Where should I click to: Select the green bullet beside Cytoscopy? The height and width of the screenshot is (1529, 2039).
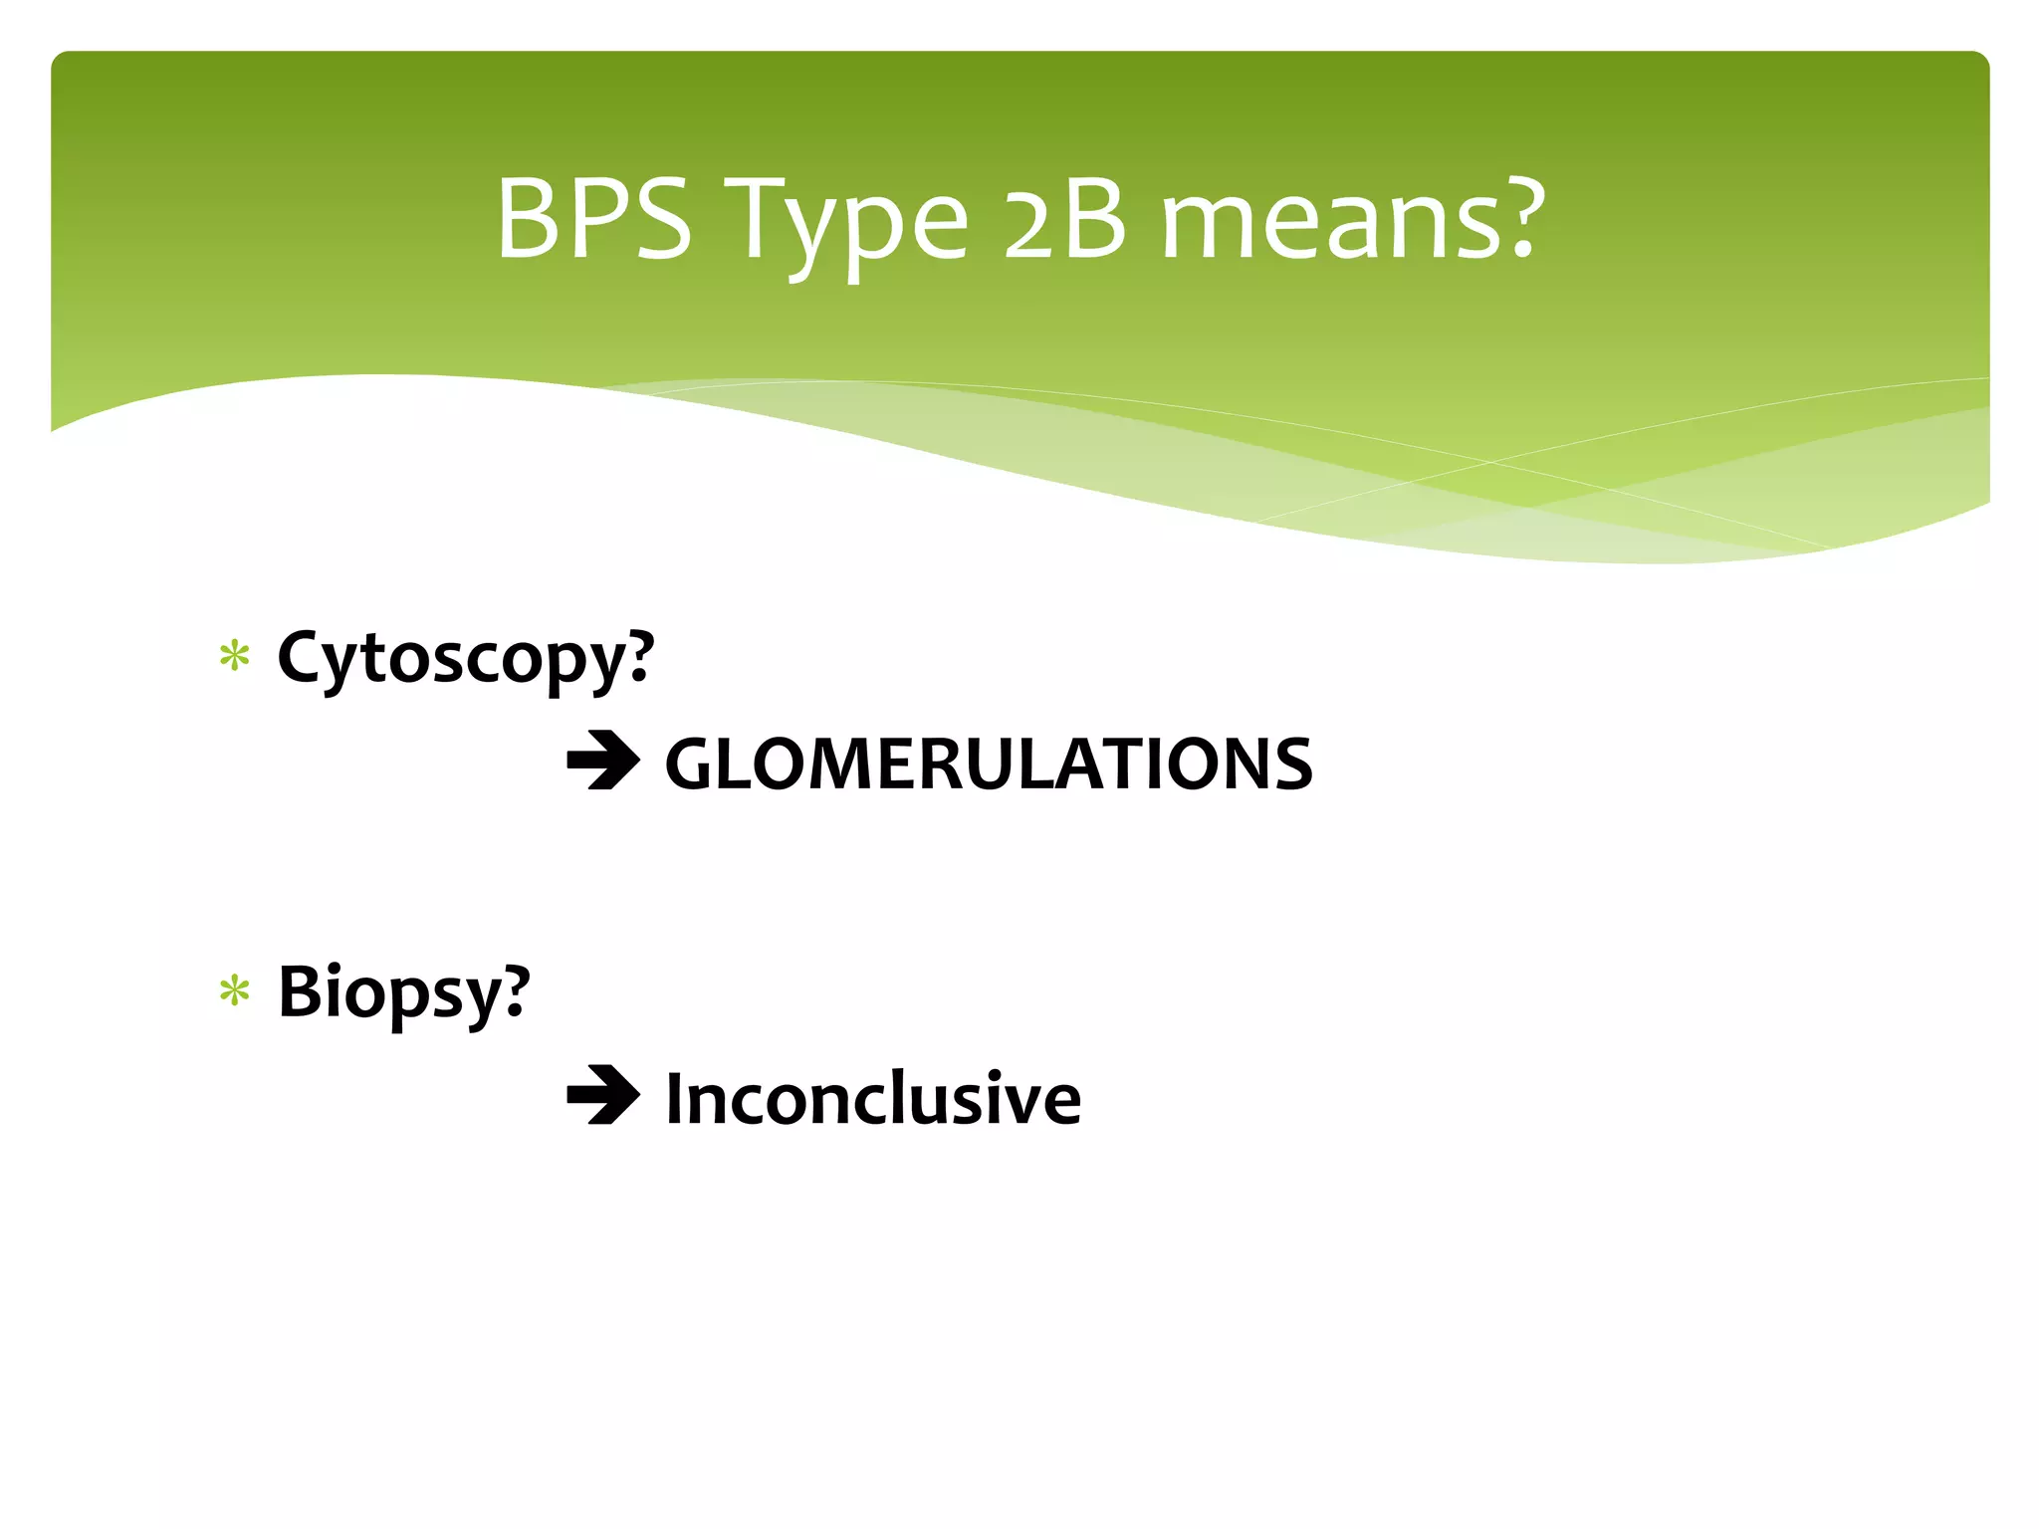click(235, 657)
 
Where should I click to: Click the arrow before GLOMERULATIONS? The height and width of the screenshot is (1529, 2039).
click(603, 763)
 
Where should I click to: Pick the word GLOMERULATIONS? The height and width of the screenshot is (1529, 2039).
click(989, 764)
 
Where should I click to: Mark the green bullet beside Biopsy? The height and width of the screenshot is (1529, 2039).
click(235, 991)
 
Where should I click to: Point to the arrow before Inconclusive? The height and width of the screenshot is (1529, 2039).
click(603, 1096)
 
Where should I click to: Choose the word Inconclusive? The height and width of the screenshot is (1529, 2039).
click(873, 1099)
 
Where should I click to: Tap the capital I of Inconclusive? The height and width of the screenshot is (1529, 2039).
click(675, 1099)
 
